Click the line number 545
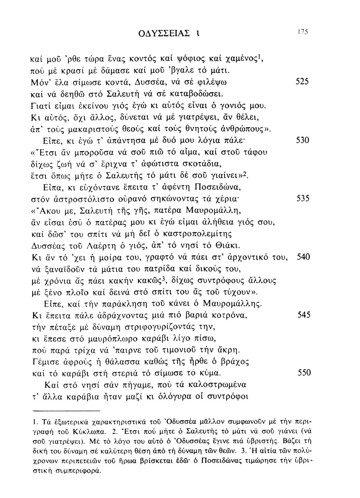302,314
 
